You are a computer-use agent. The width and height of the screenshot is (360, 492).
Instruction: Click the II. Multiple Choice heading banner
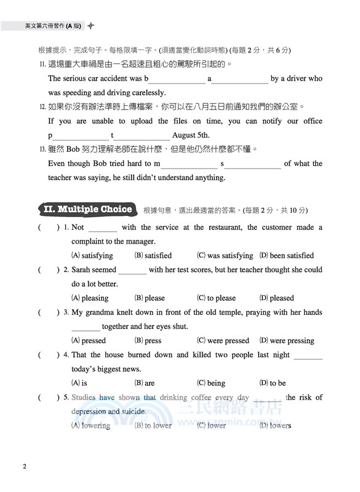tap(88, 210)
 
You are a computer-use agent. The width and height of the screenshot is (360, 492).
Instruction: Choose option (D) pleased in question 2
tap(276, 298)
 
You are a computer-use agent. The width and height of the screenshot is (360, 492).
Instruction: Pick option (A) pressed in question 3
tap(89, 340)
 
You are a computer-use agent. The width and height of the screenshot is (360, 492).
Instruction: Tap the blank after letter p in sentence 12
tap(81, 136)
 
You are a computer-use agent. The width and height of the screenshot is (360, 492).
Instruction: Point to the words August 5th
tap(191, 135)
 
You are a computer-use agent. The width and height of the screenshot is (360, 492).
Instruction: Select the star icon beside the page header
tap(91, 26)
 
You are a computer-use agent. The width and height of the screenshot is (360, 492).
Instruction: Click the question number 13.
tap(42, 149)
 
